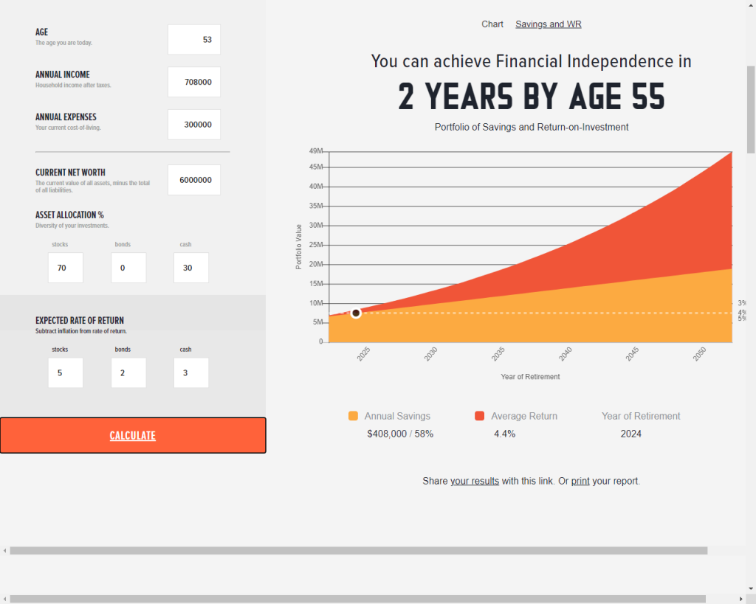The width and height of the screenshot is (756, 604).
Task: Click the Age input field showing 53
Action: (194, 40)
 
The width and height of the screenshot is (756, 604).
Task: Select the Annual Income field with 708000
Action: (194, 82)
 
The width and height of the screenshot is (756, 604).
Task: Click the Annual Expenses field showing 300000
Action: (194, 125)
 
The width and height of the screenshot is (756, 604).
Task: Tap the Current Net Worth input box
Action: (194, 180)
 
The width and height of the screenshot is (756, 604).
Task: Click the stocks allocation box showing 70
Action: (66, 268)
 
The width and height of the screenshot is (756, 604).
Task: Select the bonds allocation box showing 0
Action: (128, 268)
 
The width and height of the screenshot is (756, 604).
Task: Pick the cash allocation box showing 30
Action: (191, 268)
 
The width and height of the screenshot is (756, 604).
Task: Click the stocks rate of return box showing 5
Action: (66, 373)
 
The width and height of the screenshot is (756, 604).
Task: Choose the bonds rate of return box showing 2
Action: (128, 373)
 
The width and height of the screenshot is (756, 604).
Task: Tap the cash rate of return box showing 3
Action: (191, 373)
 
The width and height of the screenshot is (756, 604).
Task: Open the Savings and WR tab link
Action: (549, 24)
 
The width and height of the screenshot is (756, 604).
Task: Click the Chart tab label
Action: (492, 24)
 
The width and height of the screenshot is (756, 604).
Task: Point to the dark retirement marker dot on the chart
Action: (356, 313)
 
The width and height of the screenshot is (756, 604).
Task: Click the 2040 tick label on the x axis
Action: (566, 354)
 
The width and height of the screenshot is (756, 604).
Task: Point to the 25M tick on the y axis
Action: (316, 245)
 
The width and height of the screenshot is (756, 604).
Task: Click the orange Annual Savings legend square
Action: (354, 416)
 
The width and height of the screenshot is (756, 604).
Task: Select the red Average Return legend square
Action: (479, 416)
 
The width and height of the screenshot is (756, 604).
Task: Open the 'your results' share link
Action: (475, 481)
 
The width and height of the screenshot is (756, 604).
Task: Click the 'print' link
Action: (580, 481)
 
